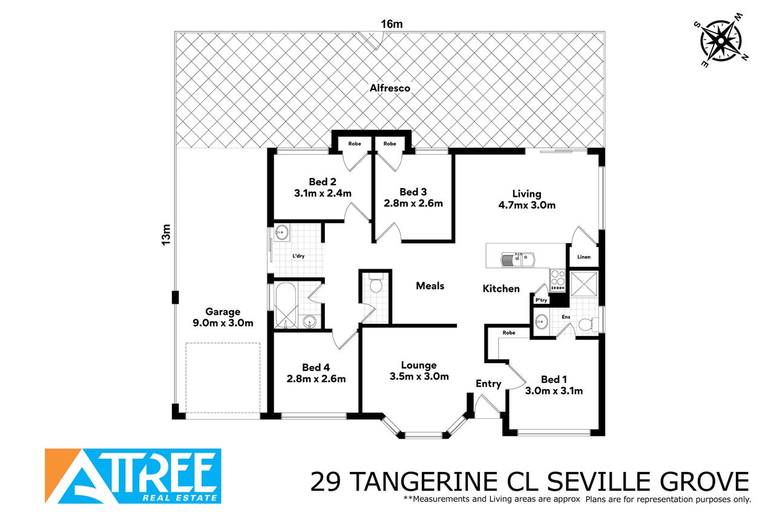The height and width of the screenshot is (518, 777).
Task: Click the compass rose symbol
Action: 721,41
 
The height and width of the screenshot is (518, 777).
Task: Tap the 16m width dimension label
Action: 392,24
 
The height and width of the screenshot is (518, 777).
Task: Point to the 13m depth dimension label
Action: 166,235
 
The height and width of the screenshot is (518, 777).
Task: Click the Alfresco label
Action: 390,88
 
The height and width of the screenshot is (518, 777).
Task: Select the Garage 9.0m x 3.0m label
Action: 223,317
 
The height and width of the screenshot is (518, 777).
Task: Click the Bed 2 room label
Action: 323,188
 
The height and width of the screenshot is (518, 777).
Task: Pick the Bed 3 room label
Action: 413,197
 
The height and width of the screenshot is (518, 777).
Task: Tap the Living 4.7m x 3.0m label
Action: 527,199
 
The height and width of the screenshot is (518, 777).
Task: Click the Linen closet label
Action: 584,257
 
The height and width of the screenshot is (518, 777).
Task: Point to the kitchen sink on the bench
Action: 518,259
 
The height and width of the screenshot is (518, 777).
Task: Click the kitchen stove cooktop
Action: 558,280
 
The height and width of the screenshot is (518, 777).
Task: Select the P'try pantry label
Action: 541,300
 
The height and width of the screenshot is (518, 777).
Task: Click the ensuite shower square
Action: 584,284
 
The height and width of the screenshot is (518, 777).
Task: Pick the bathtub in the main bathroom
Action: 286,304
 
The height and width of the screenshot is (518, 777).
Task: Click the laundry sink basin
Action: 281,232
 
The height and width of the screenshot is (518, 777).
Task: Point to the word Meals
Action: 430,286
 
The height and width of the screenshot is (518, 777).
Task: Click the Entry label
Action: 488,384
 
